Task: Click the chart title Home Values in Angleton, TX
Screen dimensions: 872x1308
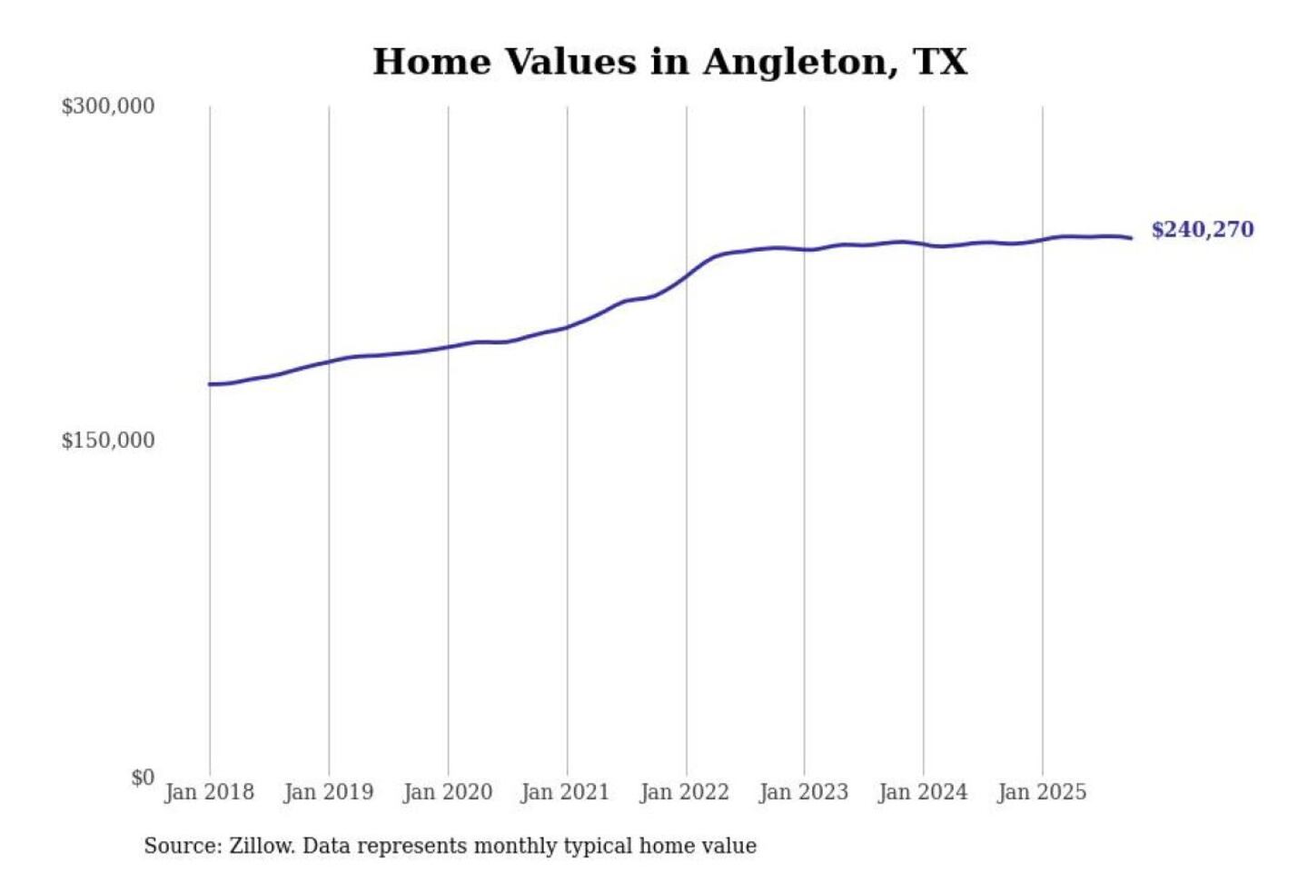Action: pos(669,62)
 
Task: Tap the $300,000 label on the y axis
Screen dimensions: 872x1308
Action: pos(108,106)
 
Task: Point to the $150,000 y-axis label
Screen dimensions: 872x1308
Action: pos(108,441)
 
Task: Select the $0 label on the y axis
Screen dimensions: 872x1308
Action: pos(143,778)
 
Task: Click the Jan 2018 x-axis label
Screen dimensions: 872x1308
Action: pos(210,792)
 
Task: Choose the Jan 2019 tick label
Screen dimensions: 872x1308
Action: pos(329,792)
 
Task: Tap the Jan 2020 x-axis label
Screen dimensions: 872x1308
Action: pos(448,792)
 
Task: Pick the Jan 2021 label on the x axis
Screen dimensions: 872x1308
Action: pos(566,792)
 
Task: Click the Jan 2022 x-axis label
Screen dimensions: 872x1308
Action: pos(685,792)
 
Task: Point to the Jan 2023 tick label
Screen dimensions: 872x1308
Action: pos(804,792)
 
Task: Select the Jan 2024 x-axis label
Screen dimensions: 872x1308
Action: pos(923,792)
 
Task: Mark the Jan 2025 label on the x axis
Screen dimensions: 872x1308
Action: pos(1042,792)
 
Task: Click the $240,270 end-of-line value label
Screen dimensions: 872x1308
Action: pos(1203,230)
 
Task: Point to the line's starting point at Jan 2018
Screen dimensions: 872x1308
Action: pos(210,384)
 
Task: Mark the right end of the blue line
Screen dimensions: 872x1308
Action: pos(1131,238)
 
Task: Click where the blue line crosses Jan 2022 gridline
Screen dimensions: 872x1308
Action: pos(687,275)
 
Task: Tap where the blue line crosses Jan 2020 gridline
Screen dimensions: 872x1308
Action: pos(448,347)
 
